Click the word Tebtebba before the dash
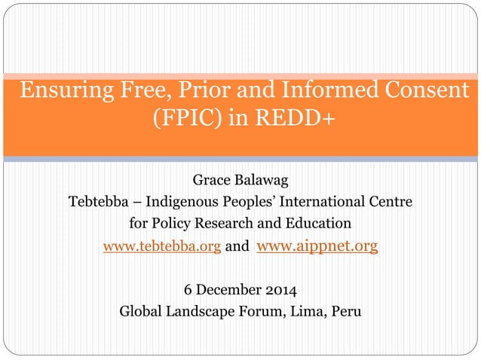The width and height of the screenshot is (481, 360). pos(97,203)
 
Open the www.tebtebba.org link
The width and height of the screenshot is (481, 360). pos(161,246)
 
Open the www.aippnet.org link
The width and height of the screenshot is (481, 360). pos(317,246)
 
